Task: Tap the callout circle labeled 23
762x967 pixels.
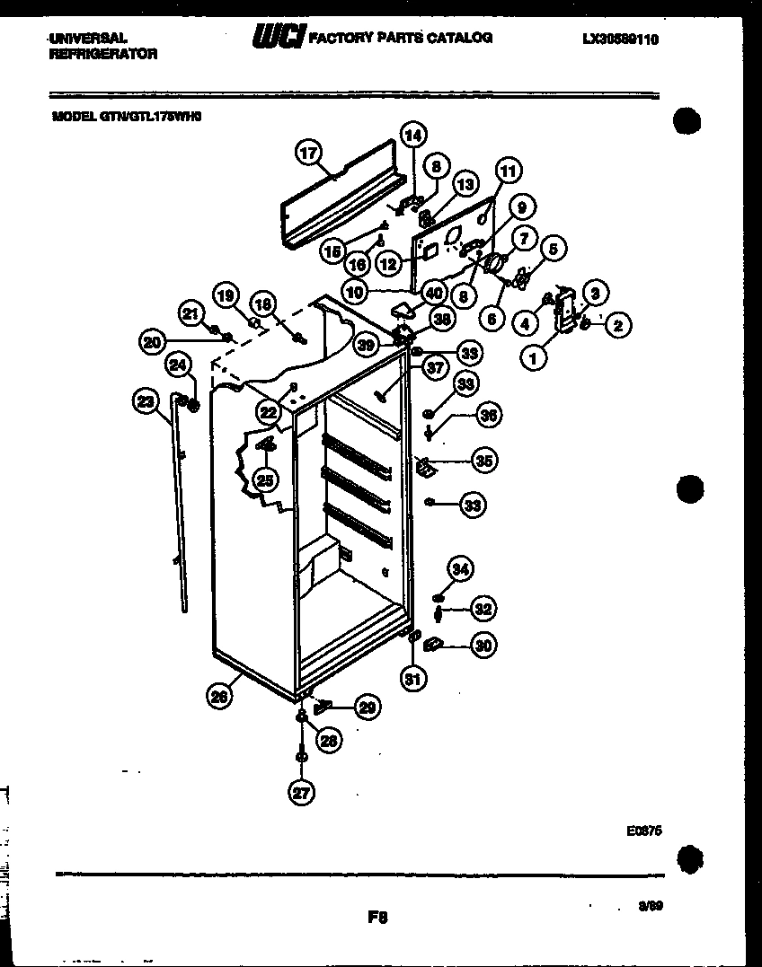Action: tap(146, 403)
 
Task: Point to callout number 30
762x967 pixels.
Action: tap(484, 645)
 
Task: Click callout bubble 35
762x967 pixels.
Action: tap(484, 462)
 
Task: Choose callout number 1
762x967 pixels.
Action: tap(535, 357)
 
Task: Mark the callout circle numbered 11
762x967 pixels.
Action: tap(508, 171)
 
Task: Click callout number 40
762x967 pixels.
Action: tap(434, 293)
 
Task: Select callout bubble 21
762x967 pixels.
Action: tap(190, 312)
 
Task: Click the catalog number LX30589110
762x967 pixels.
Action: tap(620, 40)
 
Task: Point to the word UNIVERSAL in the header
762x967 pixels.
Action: tap(87, 40)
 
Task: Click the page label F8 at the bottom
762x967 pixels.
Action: tap(377, 917)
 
